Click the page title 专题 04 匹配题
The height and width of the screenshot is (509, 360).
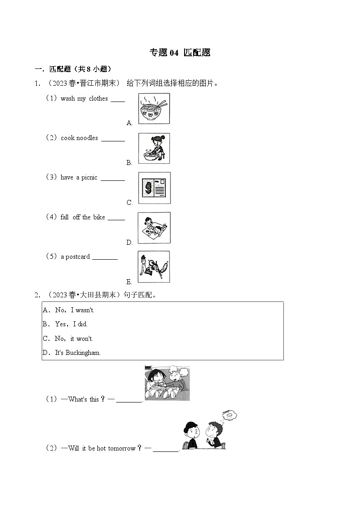(180, 53)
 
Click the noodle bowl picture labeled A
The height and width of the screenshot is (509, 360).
(154, 108)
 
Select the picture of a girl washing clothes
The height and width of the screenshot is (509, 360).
(154, 148)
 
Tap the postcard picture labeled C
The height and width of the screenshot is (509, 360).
(154, 188)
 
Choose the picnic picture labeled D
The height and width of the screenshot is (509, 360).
(154, 228)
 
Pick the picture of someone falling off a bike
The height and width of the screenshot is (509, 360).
(154, 267)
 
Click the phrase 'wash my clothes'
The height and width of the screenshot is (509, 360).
(84, 99)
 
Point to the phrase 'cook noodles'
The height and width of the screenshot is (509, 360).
(79, 138)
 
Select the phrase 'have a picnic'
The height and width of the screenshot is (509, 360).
(78, 178)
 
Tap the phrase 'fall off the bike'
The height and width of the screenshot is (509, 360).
(83, 217)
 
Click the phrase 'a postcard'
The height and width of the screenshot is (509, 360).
(75, 257)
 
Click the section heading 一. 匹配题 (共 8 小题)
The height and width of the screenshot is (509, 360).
(73, 69)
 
